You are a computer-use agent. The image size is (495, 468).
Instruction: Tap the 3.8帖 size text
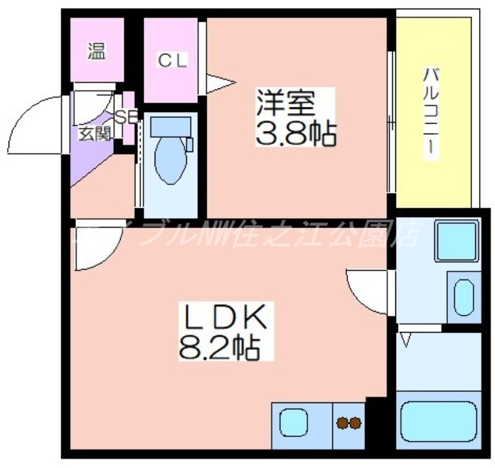296,132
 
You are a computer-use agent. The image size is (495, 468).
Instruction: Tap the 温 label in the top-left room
96,52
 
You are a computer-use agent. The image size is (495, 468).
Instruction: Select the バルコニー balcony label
431,114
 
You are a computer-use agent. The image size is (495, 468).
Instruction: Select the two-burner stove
349,423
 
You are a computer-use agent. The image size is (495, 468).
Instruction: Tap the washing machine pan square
457,240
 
